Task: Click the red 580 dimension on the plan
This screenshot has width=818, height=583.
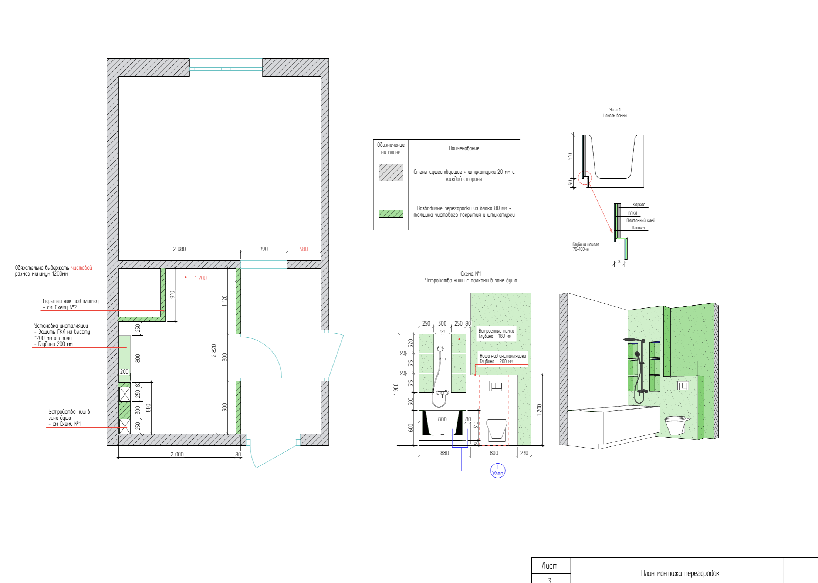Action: tap(304, 249)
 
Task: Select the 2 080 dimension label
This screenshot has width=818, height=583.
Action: tap(179, 249)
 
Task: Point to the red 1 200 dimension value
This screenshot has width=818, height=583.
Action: tap(200, 278)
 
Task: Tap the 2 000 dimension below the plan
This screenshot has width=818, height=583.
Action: tap(177, 454)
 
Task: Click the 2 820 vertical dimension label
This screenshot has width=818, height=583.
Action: tap(214, 351)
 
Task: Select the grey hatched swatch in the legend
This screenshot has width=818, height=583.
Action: tap(391, 172)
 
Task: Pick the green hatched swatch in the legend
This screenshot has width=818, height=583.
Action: tap(391, 213)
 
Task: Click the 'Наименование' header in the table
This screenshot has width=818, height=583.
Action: tap(464, 148)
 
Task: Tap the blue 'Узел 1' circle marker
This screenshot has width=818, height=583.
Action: tap(498, 471)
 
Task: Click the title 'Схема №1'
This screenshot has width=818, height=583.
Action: tap(471, 274)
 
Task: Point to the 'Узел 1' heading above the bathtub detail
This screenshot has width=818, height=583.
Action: tap(615, 110)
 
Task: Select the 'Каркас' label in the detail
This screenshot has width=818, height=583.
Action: tap(639, 205)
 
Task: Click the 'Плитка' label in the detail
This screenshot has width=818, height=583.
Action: tap(638, 228)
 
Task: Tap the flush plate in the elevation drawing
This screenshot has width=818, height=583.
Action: tap(497, 386)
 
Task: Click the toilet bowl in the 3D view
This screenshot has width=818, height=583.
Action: tap(676, 424)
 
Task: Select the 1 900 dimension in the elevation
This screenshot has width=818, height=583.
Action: tap(396, 389)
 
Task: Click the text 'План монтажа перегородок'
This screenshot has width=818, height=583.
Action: tap(680, 573)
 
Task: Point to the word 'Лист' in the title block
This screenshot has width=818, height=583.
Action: tap(550, 566)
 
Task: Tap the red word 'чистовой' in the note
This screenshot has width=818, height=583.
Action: tap(81, 268)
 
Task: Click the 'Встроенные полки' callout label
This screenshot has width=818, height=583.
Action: tap(496, 331)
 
